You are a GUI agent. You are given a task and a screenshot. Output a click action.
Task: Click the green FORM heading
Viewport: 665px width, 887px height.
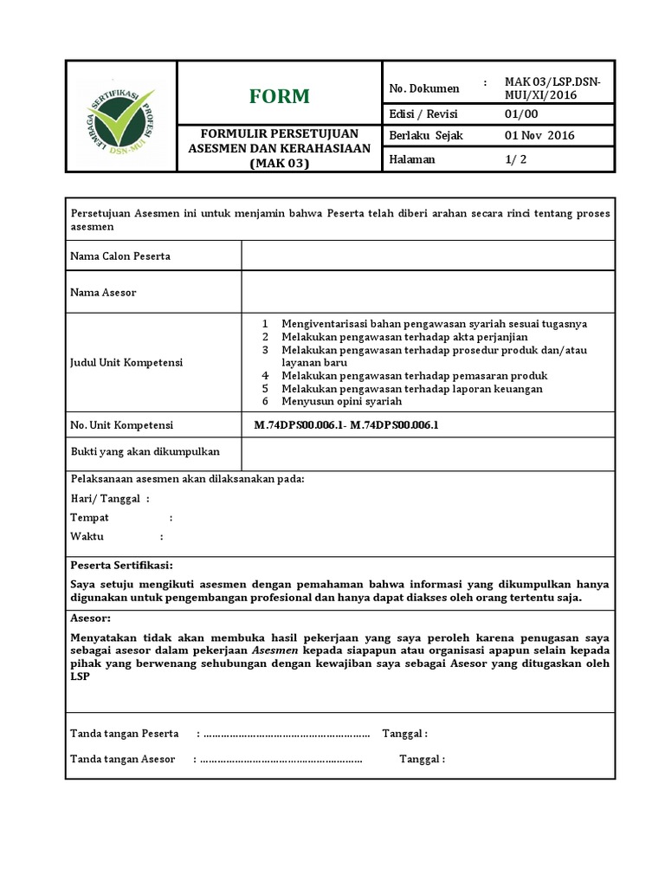[279, 96]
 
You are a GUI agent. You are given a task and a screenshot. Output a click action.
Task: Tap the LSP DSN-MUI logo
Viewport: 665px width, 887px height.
[120, 116]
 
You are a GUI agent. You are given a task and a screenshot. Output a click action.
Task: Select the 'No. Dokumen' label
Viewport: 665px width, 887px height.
[424, 88]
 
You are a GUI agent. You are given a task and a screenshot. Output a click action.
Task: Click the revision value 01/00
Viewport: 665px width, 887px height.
[521, 114]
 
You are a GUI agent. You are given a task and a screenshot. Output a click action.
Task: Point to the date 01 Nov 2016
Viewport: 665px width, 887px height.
[539, 136]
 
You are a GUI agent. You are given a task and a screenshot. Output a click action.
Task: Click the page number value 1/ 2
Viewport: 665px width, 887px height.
[515, 159]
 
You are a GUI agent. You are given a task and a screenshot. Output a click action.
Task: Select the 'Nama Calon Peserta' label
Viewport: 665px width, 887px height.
[120, 256]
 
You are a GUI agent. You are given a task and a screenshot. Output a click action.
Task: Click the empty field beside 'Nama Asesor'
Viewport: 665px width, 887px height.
[428, 293]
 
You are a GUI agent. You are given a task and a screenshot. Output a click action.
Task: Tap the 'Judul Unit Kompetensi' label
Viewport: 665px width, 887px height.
[126, 362]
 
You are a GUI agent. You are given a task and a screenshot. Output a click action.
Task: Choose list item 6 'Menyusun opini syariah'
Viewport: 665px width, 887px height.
[341, 401]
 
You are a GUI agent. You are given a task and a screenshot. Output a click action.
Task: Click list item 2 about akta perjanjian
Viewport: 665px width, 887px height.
[404, 336]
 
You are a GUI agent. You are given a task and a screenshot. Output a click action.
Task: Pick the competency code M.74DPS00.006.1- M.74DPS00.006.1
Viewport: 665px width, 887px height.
[346, 425]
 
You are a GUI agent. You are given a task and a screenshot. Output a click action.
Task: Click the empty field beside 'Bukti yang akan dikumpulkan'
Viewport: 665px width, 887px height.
[428, 452]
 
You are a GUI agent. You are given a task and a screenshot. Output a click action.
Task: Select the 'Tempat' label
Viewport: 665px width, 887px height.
[89, 517]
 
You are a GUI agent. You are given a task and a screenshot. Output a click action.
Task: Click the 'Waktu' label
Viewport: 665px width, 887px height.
[87, 536]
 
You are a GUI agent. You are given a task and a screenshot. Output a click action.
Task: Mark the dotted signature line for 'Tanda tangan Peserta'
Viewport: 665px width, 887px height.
[286, 735]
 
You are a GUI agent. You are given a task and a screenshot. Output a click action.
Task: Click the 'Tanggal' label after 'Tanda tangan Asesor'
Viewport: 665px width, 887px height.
[421, 760]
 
